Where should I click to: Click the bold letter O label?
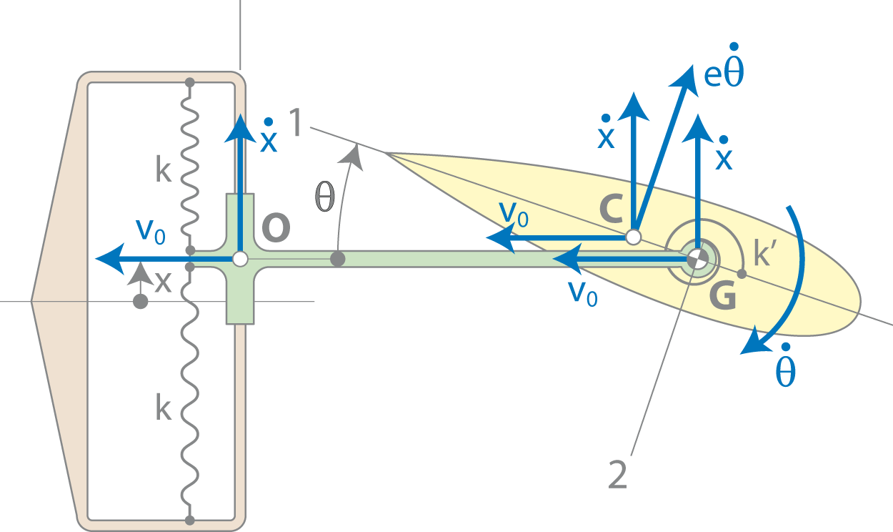[x=276, y=227]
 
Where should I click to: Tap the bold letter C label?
[x=611, y=208]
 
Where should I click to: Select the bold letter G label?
[x=723, y=295]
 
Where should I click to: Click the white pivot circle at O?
[x=240, y=259]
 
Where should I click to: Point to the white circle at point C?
[x=633, y=237]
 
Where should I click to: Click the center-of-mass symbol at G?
[x=697, y=259]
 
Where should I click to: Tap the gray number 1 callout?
[x=296, y=122]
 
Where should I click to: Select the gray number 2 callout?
[x=617, y=475]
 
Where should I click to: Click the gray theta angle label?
[x=324, y=197]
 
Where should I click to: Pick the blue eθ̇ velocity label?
[x=724, y=71]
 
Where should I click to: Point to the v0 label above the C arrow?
[x=514, y=215]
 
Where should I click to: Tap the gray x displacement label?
[x=163, y=282]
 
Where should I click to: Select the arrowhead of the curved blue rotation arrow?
[x=755, y=342]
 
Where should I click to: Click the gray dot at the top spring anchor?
[x=190, y=83]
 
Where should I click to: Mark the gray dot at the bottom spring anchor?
[x=190, y=521]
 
